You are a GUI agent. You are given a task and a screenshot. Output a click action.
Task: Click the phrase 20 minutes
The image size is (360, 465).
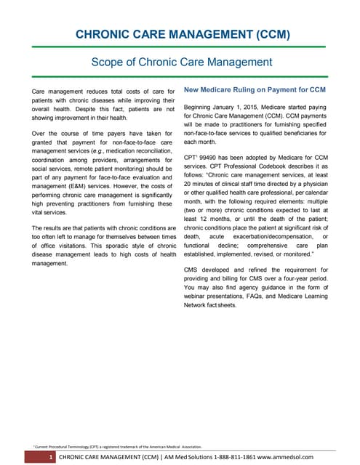(x=204, y=184)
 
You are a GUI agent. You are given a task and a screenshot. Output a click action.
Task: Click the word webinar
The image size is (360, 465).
(x=199, y=297)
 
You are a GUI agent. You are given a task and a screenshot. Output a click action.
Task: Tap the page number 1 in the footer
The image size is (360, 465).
(x=49, y=456)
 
